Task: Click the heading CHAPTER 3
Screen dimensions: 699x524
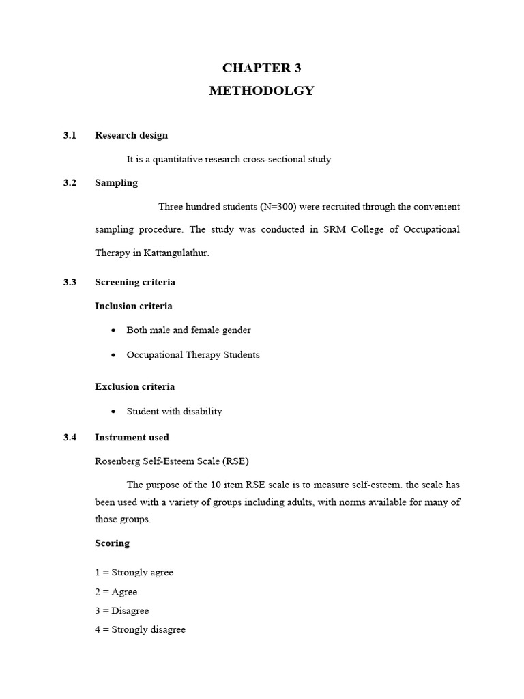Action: point(261,68)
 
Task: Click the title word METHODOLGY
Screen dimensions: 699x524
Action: point(261,91)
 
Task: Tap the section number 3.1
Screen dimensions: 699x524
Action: point(70,135)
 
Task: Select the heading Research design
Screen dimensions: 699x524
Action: point(131,135)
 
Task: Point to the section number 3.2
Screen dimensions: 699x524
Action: point(70,182)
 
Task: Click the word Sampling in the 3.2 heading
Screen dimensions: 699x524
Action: point(116,182)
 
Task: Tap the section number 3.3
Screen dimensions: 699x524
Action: point(70,282)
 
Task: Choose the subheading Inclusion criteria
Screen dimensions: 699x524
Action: point(133,306)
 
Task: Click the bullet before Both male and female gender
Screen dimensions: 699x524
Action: point(113,330)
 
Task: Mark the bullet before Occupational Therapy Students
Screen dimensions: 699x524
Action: point(113,355)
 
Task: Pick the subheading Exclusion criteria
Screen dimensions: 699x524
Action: point(134,386)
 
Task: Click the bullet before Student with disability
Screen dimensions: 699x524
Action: point(113,412)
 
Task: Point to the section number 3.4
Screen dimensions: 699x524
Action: point(70,437)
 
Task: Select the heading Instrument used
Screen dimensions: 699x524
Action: point(132,437)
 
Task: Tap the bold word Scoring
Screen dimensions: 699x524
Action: point(112,543)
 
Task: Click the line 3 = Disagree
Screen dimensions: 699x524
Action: point(121,610)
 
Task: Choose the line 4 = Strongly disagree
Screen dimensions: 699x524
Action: point(140,629)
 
